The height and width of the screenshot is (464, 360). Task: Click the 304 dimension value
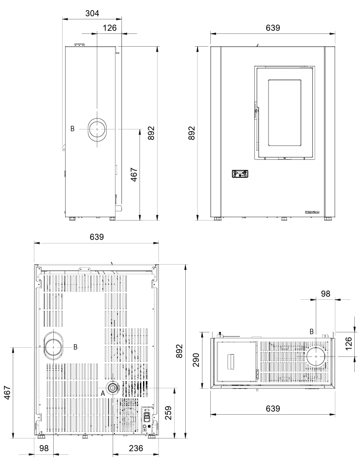click(x=92, y=13)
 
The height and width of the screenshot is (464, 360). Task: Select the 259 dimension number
click(x=168, y=413)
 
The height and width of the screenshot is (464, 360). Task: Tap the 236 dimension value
click(x=136, y=448)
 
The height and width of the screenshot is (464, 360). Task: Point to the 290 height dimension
click(x=196, y=360)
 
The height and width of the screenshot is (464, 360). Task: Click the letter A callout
click(x=103, y=393)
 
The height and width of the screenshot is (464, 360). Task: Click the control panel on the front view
click(x=240, y=173)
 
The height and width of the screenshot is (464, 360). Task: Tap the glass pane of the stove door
click(x=285, y=113)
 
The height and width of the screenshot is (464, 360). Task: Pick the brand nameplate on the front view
click(x=312, y=212)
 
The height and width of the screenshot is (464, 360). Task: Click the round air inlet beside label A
click(x=113, y=388)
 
